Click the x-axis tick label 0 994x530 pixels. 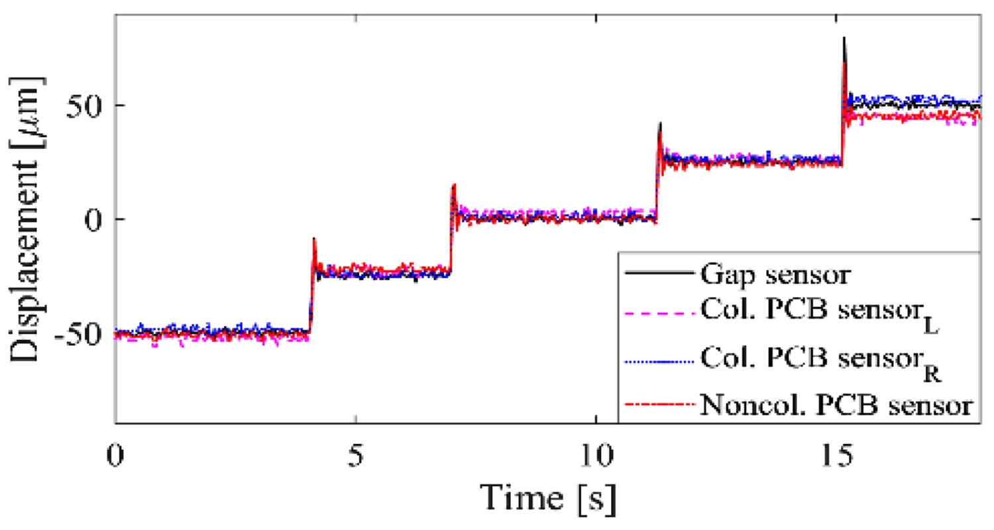pyautogui.click(x=117, y=458)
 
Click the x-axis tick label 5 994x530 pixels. pyautogui.click(x=357, y=458)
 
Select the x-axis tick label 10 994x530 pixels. pyautogui.click(x=596, y=458)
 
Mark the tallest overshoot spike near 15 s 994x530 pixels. pyautogui.click(x=844, y=40)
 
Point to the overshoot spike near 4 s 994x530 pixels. pyautogui.click(x=314, y=240)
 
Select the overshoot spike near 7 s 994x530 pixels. pyautogui.click(x=454, y=186)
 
